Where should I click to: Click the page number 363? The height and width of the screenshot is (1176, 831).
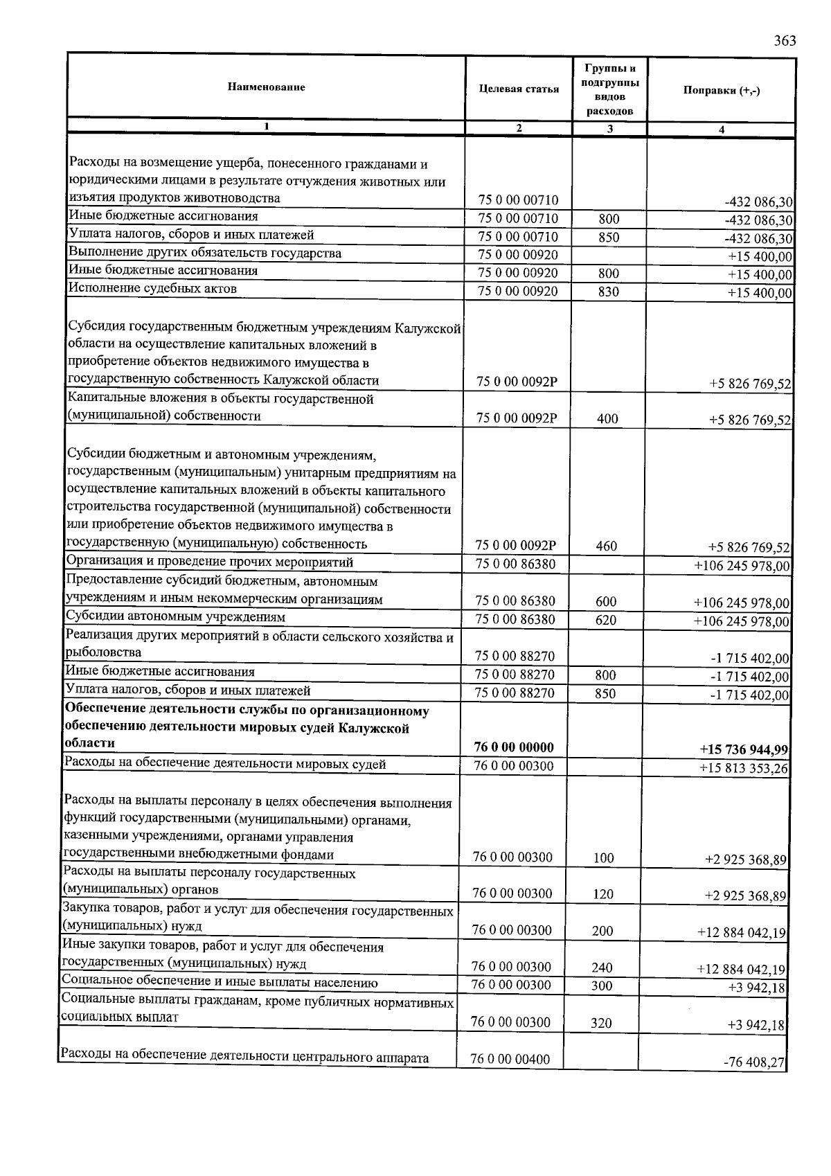coord(785,40)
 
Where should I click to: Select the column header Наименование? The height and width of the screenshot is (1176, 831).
coord(266,87)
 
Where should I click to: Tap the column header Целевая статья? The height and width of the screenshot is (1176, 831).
coord(519,89)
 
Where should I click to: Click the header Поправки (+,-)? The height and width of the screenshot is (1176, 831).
coord(722,90)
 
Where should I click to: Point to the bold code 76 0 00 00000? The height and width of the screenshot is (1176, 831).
coord(514,747)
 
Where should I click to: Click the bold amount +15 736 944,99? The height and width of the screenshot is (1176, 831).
coord(744,749)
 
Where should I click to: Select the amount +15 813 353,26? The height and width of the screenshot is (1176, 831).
coord(744,767)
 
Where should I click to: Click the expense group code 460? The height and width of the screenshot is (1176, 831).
coord(606,546)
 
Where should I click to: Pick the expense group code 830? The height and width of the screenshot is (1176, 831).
coord(608,292)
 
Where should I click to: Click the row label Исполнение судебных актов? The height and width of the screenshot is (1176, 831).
coord(152,288)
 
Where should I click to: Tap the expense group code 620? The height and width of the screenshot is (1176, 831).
coord(605,620)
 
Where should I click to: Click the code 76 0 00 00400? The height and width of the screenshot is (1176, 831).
coord(510,1059)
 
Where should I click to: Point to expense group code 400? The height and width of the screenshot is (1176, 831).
coord(607,418)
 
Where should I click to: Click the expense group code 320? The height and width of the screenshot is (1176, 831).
coord(602,1022)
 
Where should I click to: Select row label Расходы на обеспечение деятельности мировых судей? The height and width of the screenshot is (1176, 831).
coord(224,764)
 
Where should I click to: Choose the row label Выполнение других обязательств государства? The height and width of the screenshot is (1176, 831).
coord(205,253)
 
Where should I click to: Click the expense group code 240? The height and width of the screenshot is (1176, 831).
coord(602,968)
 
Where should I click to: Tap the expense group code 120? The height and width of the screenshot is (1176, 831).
coord(603,894)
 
